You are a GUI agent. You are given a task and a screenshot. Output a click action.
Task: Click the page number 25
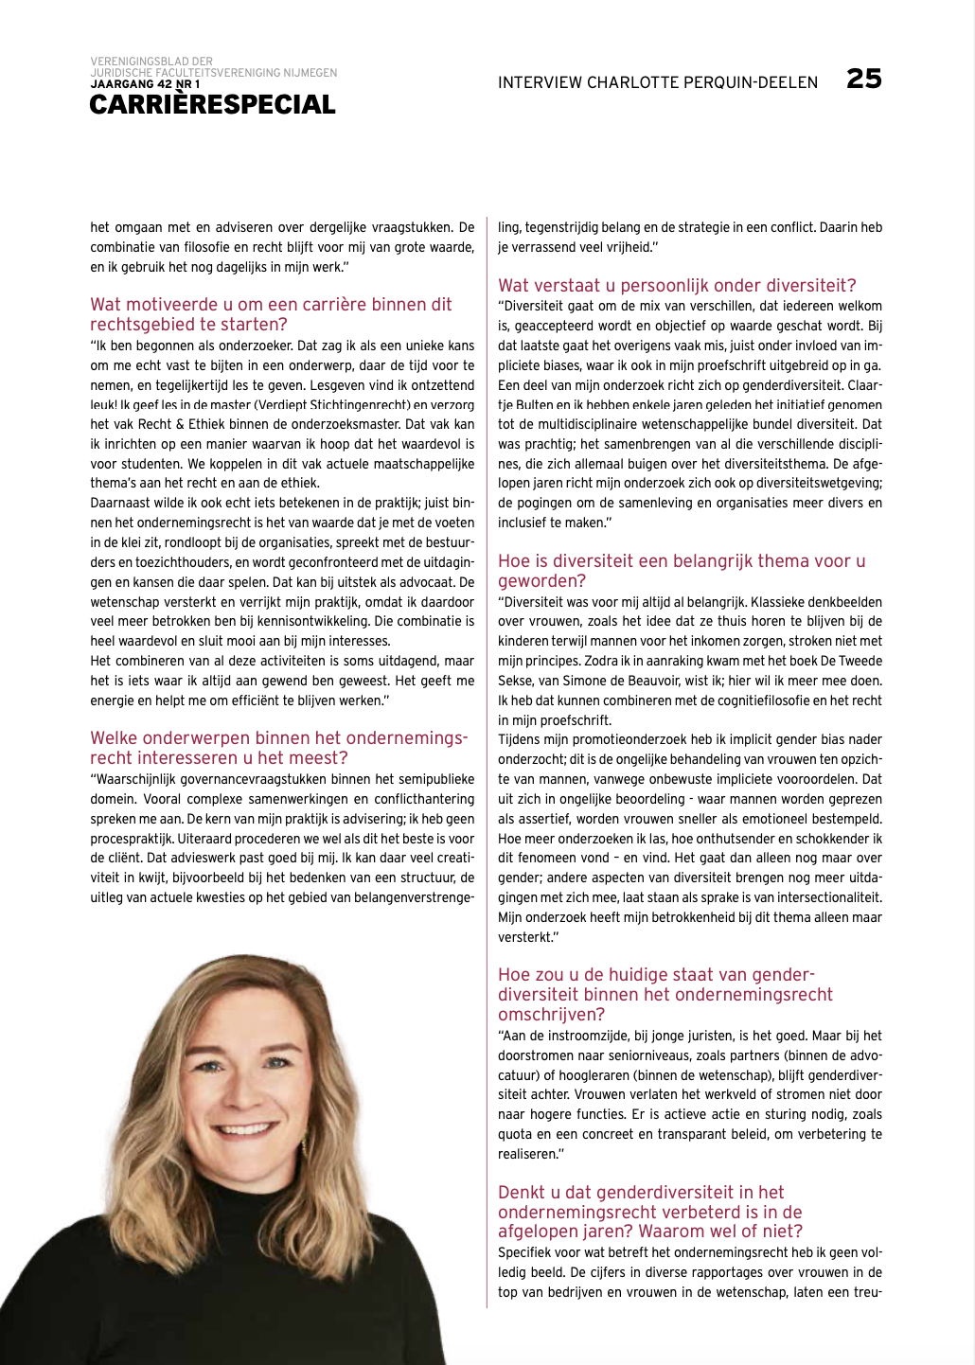coord(863,79)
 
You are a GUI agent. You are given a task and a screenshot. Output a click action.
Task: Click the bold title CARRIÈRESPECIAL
coord(212,105)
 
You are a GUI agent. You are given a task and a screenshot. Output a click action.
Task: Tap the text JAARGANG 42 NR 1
coord(145,84)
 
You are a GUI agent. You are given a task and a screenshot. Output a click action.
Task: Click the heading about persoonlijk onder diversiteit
coord(677,285)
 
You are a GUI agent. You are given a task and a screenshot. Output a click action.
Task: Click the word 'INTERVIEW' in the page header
coord(540,82)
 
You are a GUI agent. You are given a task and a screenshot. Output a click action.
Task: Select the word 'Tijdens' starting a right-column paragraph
coord(520,739)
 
